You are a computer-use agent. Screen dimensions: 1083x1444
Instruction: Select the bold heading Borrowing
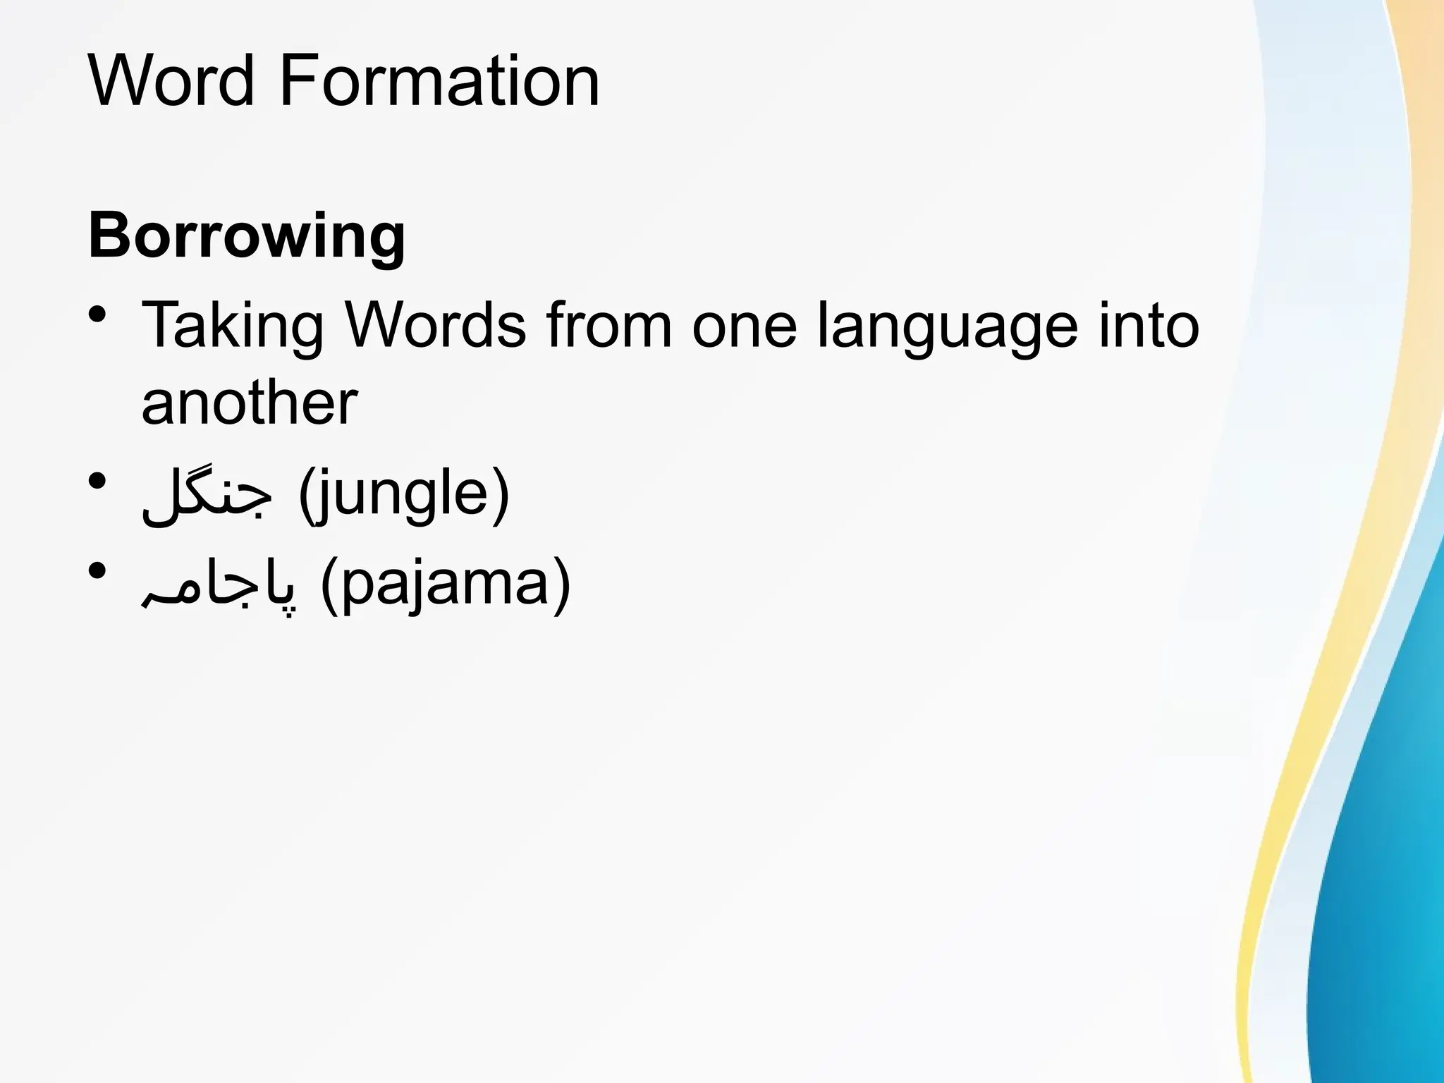click(247, 236)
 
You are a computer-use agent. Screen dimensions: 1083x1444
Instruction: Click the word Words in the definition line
click(435, 325)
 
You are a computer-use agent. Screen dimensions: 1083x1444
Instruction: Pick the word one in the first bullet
click(744, 326)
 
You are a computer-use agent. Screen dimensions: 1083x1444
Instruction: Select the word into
click(1149, 325)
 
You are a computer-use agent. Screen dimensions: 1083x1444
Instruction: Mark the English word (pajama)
click(446, 586)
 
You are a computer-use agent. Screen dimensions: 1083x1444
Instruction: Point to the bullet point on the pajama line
click(98, 570)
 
